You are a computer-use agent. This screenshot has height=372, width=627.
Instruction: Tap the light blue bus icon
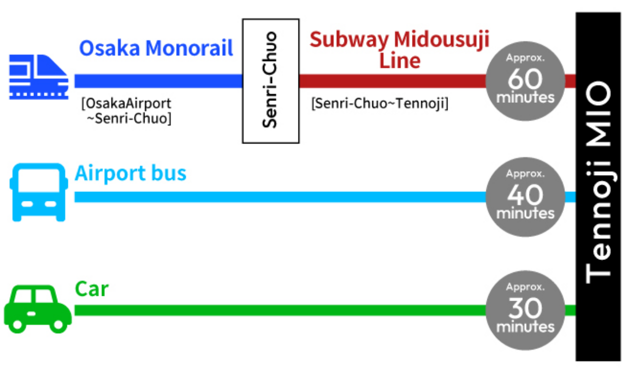point(38,193)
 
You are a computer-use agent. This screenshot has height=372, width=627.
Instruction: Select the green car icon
point(37,309)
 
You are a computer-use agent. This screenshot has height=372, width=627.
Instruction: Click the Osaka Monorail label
point(156,49)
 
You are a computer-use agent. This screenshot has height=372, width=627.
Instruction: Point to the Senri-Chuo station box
point(270,81)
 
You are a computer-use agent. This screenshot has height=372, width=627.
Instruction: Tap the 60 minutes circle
point(525,81)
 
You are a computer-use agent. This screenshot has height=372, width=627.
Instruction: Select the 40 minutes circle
point(525,197)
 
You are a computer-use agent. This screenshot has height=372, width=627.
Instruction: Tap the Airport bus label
point(131,173)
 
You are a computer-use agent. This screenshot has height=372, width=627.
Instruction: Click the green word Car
point(92,289)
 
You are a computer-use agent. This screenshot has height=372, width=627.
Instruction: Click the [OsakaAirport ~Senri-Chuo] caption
point(127,111)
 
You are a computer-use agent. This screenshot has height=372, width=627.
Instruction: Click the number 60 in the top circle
point(525,78)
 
